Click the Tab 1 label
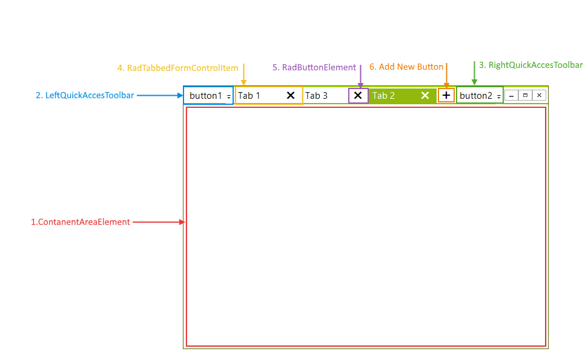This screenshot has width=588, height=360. pos(249,96)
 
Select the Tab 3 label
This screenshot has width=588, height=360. pos(316,96)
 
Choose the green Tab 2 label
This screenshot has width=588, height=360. pos(383,96)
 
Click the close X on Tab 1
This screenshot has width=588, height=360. pos(291,95)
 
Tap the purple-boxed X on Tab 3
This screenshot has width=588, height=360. pos(358,95)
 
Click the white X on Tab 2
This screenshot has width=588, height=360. pos(425,95)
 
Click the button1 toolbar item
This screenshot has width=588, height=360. pos(206,96)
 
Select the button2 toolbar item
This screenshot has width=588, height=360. pos(476,96)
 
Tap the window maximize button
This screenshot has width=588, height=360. pos(526,95)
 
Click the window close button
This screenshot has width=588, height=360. pos(539,95)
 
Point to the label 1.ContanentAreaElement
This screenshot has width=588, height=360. pos(81,222)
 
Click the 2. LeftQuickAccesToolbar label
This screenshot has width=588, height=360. pos(85,95)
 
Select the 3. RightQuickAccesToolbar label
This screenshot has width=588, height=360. pos(530,65)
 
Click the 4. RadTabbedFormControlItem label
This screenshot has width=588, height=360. pos(178,68)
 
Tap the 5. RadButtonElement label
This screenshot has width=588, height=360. pos(314,68)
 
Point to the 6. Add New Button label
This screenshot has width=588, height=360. pos(406,67)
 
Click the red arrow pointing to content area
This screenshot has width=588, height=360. pos(158,222)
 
